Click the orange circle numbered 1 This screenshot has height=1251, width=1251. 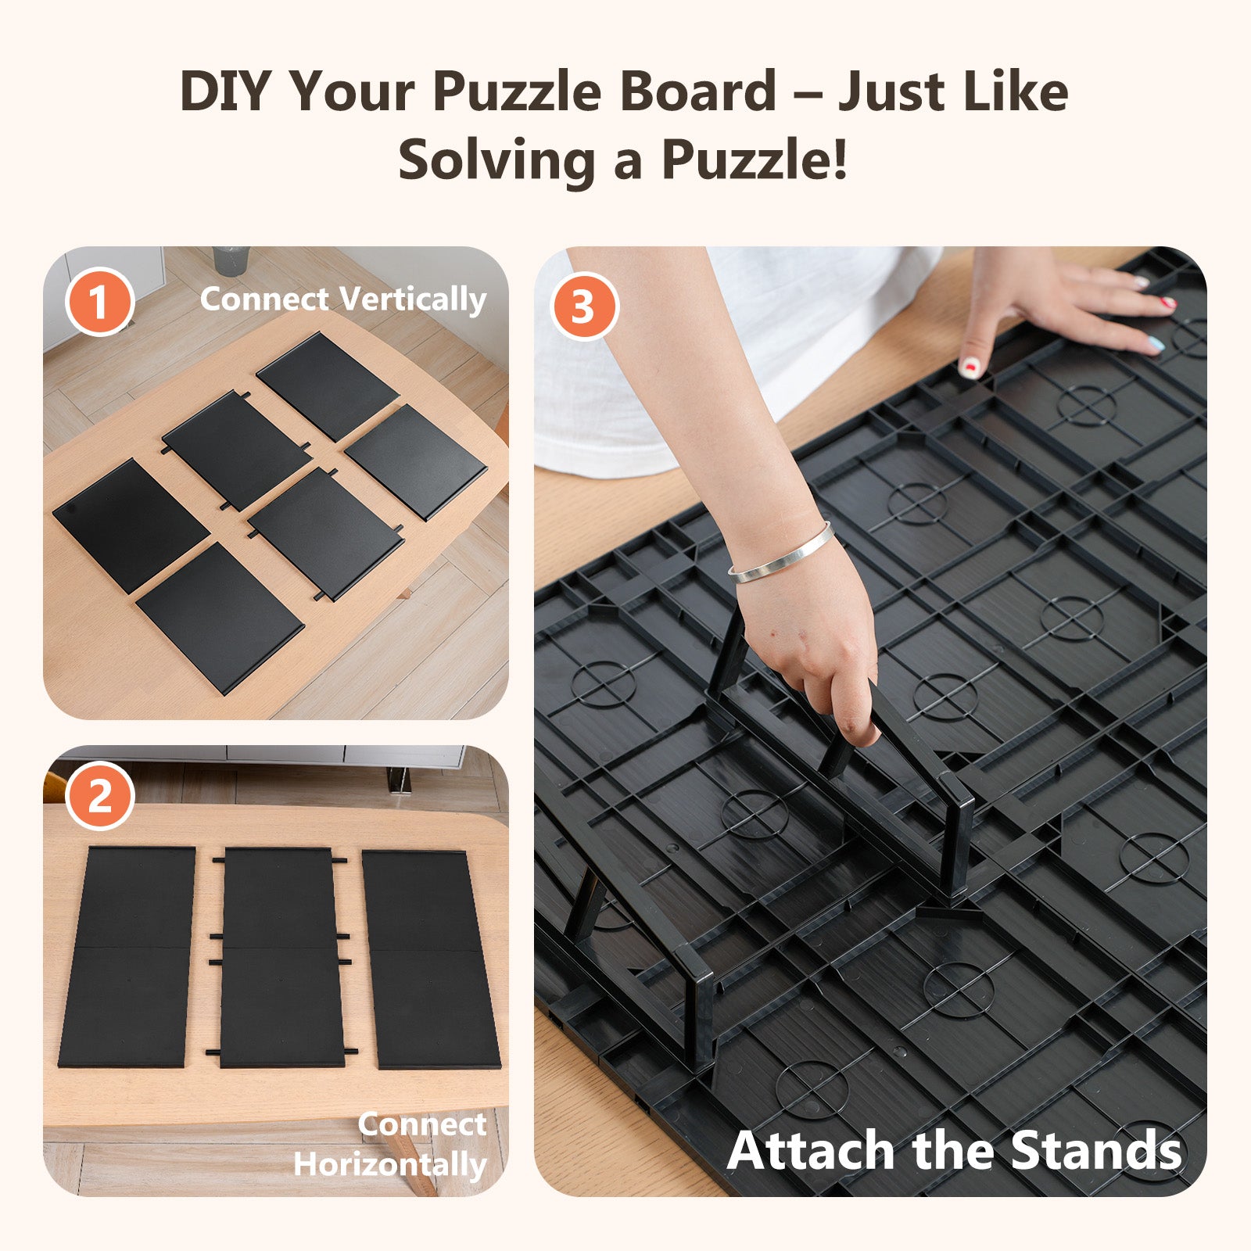(99, 302)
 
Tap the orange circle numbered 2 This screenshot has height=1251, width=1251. (99, 797)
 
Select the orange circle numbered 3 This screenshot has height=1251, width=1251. (583, 306)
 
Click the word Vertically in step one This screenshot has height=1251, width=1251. (414, 300)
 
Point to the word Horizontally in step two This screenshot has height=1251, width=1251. (389, 1165)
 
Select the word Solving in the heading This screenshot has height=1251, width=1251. (496, 160)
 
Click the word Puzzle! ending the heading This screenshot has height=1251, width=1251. (755, 160)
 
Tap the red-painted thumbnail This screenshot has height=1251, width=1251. (970, 366)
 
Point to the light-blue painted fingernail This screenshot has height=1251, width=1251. (1156, 343)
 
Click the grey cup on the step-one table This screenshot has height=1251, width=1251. (231, 260)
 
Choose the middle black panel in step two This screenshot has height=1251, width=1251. (280, 959)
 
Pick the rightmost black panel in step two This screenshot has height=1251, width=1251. (430, 960)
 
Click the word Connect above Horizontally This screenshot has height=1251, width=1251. (422, 1124)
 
